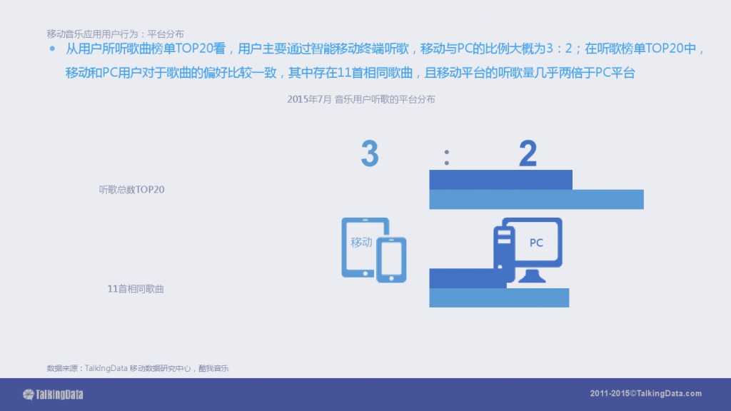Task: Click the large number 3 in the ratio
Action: (x=369, y=153)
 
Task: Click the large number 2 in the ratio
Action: (x=528, y=153)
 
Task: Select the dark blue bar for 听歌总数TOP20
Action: (x=500, y=179)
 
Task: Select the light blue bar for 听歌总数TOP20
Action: (x=536, y=200)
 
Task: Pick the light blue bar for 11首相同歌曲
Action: (x=499, y=298)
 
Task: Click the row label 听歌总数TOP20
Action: (x=132, y=191)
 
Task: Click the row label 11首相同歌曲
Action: (x=136, y=289)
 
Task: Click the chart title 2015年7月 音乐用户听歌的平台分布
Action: (x=361, y=100)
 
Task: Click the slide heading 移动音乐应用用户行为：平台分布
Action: (x=115, y=34)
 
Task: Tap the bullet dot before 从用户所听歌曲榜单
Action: (x=52, y=49)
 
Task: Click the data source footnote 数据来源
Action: (x=138, y=368)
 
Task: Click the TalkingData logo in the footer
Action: (x=54, y=394)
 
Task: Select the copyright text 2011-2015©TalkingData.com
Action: (x=646, y=394)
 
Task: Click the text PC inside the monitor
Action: (x=536, y=243)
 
